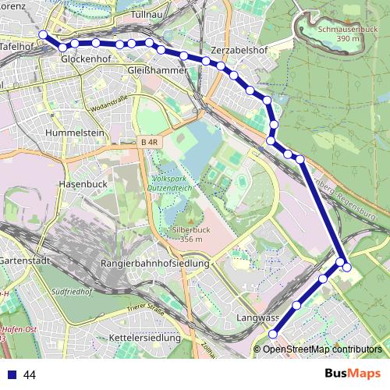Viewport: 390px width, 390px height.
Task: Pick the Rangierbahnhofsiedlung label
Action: click(x=155, y=264)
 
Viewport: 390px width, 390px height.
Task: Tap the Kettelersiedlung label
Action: click(x=145, y=338)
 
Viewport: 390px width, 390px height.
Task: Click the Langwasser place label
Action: click(x=257, y=318)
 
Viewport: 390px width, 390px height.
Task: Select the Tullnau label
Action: click(x=147, y=15)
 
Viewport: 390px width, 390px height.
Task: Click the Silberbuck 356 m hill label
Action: click(x=186, y=234)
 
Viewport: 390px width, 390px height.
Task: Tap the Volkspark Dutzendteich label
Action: click(x=176, y=183)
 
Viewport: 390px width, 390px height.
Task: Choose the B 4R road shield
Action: click(x=150, y=141)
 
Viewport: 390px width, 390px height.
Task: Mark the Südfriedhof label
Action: click(x=70, y=294)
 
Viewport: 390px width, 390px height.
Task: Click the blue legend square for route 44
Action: click(x=12, y=374)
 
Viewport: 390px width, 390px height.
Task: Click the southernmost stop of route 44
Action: click(x=272, y=334)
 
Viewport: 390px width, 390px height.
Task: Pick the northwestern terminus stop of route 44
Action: click(x=43, y=34)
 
